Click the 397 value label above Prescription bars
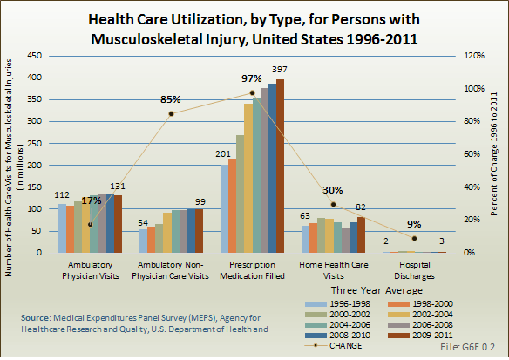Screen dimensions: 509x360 tap(280, 70)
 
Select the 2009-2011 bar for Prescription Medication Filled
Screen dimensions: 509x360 tap(280, 166)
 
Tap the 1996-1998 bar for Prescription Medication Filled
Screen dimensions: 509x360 tap(224, 208)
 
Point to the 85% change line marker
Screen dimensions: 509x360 tap(172, 113)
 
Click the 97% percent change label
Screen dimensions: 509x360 tap(251, 78)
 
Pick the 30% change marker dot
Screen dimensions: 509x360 tap(334, 205)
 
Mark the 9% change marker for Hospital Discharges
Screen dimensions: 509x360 tap(414, 238)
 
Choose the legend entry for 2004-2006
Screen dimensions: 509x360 tap(337, 325)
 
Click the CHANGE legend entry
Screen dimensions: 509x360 tap(334, 346)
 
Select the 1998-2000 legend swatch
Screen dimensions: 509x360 tap(398, 304)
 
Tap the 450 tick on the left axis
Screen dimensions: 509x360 tap(35, 56)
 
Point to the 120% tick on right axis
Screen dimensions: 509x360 tap(474, 56)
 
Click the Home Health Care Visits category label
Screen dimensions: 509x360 tap(334, 270)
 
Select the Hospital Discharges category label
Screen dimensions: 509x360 tap(414, 270)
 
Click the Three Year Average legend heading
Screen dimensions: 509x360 tap(377, 290)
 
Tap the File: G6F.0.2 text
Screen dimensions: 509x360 tap(467, 347)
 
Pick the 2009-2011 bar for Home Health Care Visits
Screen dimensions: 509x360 tap(361, 234)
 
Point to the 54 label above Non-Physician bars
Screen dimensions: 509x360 tap(143, 222)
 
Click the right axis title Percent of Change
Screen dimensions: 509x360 tap(494, 154)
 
